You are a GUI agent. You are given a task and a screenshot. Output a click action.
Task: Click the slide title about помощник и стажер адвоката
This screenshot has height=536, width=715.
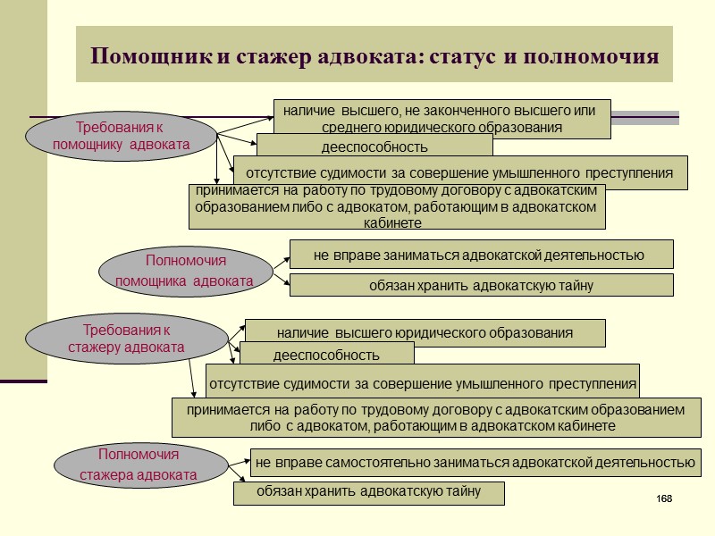[374, 56]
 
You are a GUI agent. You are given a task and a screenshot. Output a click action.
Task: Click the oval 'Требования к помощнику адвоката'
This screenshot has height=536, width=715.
[122, 136]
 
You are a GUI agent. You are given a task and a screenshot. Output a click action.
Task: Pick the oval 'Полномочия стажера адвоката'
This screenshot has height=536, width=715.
[139, 465]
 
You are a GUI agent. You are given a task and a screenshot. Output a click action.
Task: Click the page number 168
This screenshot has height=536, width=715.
[663, 498]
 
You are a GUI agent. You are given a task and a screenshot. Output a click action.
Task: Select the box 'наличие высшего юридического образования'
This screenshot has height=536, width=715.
[425, 333]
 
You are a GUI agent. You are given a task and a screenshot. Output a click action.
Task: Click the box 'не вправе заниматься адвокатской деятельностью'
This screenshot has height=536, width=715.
[480, 255]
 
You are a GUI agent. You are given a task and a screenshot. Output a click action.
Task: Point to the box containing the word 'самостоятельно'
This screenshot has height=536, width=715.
[475, 463]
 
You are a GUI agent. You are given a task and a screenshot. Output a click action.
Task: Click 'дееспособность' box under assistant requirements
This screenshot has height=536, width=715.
[374, 146]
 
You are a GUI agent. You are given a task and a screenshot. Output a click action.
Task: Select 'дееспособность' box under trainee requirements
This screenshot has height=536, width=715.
[326, 355]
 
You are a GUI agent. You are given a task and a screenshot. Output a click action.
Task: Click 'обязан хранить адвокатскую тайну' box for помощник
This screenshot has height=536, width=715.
[481, 286]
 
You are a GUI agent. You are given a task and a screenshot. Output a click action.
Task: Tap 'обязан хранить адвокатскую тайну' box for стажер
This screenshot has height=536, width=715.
[368, 492]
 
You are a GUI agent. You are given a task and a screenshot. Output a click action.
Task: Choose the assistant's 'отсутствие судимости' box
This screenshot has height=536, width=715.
[459, 172]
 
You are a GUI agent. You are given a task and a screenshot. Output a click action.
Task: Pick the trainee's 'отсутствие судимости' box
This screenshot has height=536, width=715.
[422, 385]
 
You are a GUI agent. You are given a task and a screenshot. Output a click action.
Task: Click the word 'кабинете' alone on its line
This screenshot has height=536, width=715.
[394, 222]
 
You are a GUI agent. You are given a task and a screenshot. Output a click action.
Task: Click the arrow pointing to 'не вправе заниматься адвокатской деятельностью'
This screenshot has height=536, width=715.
[281, 260]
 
